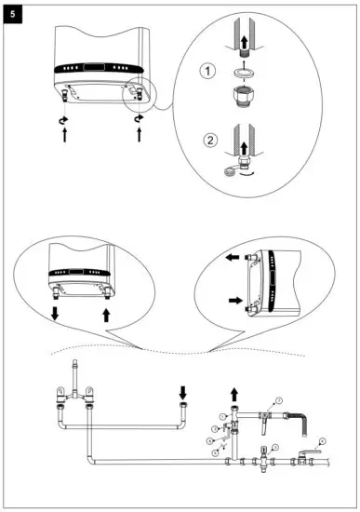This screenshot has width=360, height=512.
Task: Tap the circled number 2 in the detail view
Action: point(211,142)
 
